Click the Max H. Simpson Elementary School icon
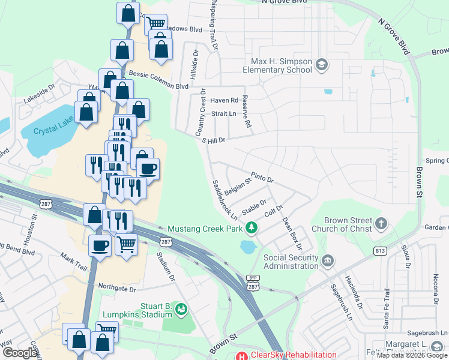point(322,64)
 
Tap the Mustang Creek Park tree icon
point(253,229)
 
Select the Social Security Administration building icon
point(327,260)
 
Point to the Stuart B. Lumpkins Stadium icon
point(182,310)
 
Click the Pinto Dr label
point(262,178)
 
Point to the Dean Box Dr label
point(291,233)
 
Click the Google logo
point(20,353)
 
